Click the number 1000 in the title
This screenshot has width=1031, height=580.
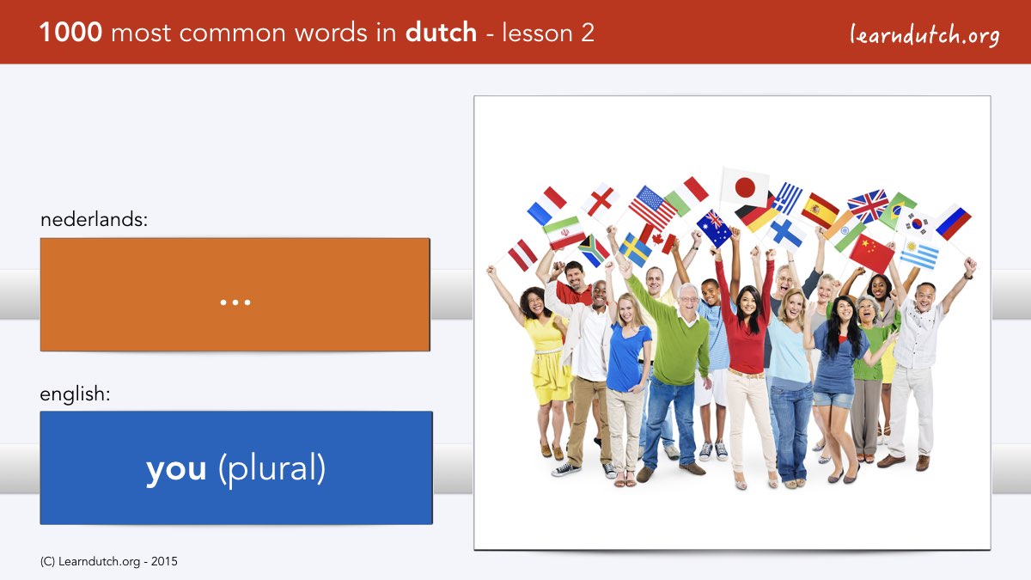coord(70,33)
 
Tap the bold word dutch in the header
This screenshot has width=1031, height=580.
coord(441,33)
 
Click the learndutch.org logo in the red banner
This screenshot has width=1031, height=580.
coord(924,34)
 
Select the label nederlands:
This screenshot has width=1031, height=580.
coord(94,220)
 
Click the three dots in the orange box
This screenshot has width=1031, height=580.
coord(235,302)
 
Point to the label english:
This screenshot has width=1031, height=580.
coord(75,394)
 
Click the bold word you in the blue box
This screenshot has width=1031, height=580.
coord(176,469)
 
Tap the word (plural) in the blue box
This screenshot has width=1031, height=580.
coord(272,468)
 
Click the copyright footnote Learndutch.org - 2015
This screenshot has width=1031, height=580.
coord(108,562)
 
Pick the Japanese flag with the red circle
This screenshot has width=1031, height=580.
coord(744,188)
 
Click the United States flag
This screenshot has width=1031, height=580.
coord(652,208)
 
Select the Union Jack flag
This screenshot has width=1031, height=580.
coord(868,206)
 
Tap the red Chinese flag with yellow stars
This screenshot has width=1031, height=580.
coord(871,253)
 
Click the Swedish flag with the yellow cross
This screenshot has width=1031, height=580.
coord(635,250)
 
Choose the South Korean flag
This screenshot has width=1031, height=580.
coord(917,223)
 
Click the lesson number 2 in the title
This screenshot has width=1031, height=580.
coord(588,34)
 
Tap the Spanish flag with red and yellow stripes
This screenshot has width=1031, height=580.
coord(820,211)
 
